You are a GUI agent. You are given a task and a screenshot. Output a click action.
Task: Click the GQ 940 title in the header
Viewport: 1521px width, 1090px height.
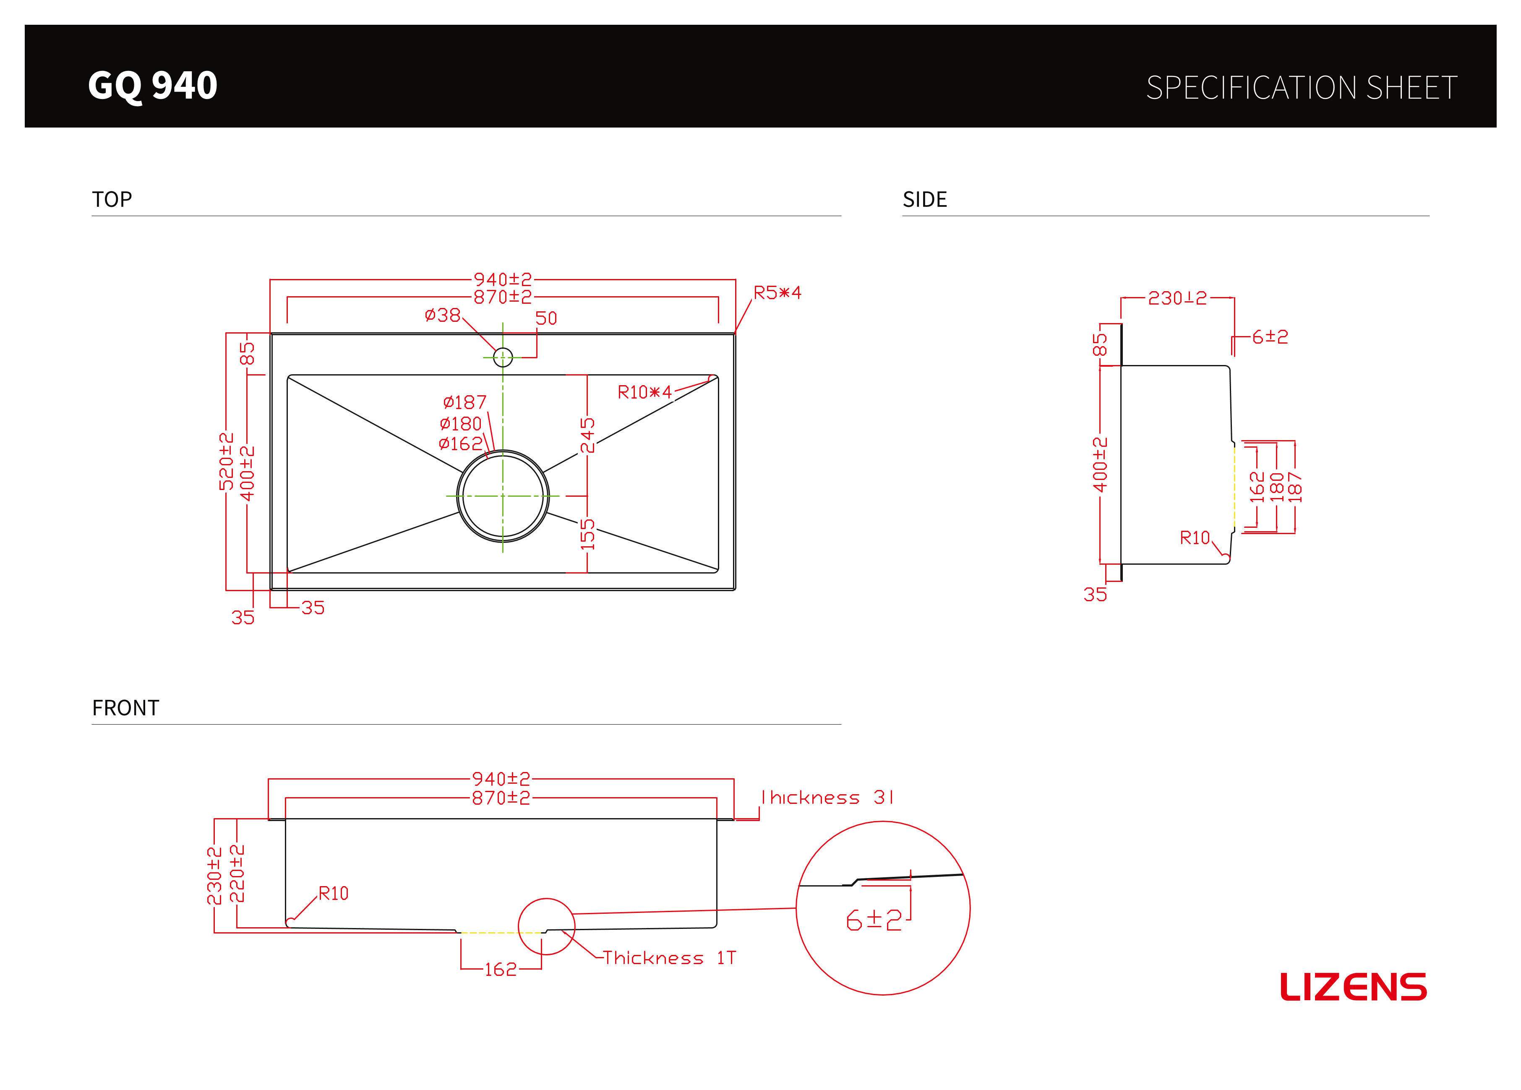[x=153, y=86]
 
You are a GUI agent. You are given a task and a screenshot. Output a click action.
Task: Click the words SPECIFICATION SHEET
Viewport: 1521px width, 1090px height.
[x=1302, y=88]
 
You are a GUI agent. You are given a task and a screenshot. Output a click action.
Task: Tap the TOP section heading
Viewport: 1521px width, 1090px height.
[x=112, y=199]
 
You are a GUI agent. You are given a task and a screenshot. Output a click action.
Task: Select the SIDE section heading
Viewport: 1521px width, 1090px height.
[x=925, y=199]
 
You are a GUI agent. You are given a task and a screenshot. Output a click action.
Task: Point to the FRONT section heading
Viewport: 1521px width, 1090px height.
[x=125, y=708]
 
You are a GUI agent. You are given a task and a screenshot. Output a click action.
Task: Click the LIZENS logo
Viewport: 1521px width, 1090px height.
[x=1353, y=987]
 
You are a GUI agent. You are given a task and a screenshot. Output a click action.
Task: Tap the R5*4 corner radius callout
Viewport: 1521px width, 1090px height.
[x=777, y=292]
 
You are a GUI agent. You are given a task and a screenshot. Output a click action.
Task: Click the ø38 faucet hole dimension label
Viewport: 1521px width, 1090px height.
[x=443, y=315]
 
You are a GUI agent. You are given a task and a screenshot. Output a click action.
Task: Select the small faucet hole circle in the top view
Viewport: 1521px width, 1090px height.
[x=503, y=357]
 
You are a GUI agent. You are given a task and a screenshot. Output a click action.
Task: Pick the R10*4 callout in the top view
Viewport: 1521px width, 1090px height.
[x=644, y=392]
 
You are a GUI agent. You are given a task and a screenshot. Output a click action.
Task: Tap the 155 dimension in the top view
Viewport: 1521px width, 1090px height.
[x=587, y=534]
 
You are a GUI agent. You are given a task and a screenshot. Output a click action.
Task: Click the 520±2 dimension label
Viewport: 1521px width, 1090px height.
[x=226, y=462]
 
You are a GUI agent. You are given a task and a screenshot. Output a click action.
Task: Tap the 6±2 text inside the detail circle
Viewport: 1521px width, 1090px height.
[x=874, y=920]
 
